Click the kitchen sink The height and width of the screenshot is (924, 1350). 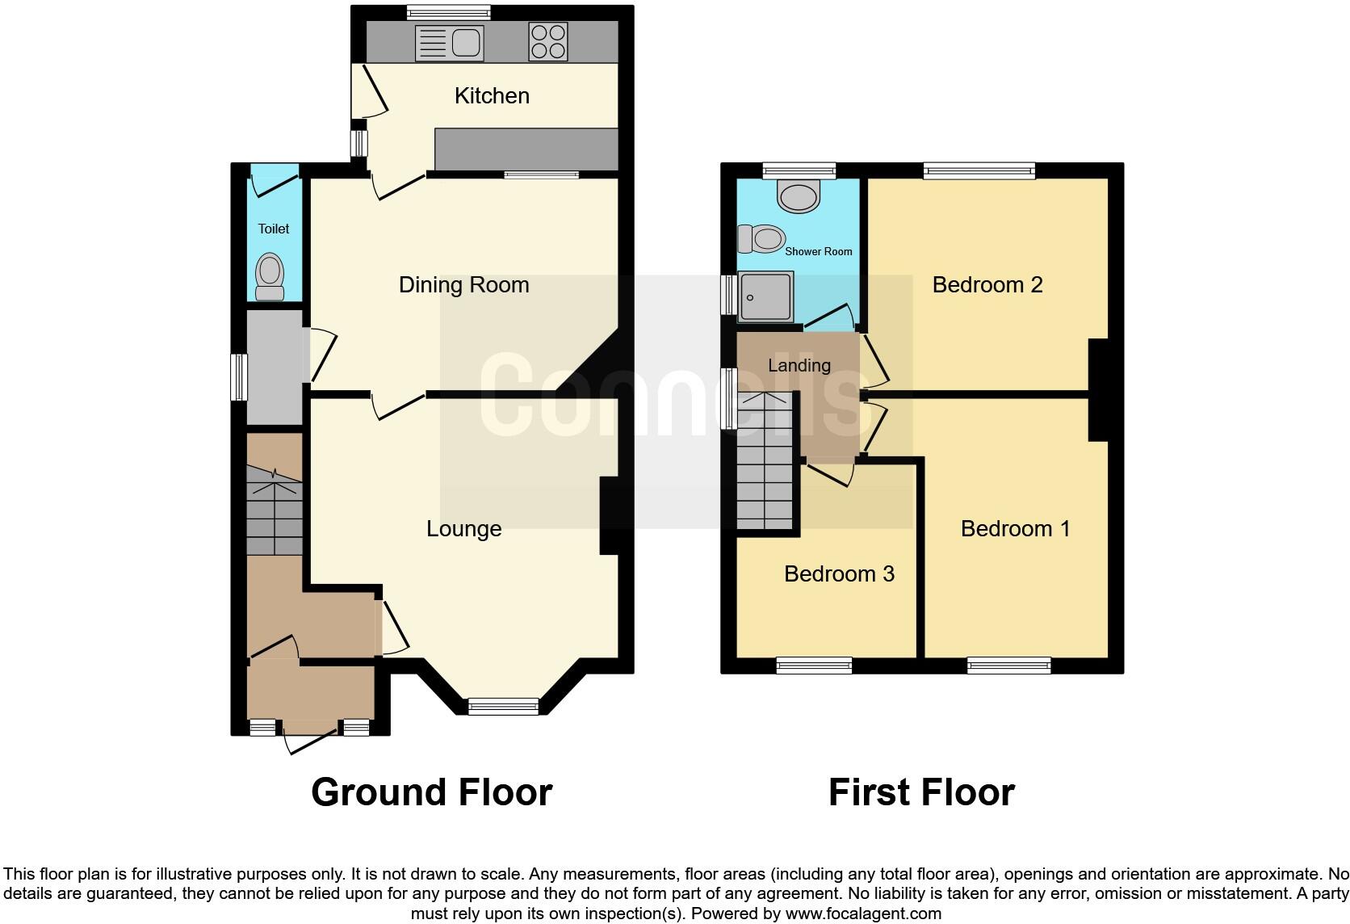pyautogui.click(x=448, y=43)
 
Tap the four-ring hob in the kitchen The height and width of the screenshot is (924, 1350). pyautogui.click(x=547, y=41)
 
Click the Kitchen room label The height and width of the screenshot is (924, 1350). pyautogui.click(x=492, y=96)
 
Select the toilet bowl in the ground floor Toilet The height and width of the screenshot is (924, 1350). pyautogui.click(x=270, y=275)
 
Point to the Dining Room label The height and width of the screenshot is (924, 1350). pyautogui.click(x=463, y=285)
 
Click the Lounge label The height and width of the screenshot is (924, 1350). pyautogui.click(x=463, y=529)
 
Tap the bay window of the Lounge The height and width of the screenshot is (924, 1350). pyautogui.click(x=503, y=707)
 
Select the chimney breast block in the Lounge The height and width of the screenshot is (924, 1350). pyautogui.click(x=611, y=515)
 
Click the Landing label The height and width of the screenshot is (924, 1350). pyautogui.click(x=799, y=366)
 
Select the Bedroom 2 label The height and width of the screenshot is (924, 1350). pyautogui.click(x=987, y=285)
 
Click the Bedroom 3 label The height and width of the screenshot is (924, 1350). pyautogui.click(x=839, y=574)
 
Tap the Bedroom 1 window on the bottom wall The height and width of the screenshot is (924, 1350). pyautogui.click(x=1008, y=666)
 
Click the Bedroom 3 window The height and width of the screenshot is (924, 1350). pyautogui.click(x=814, y=666)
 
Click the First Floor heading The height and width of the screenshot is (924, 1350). pyautogui.click(x=921, y=792)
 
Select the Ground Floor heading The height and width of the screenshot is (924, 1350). pyautogui.click(x=431, y=792)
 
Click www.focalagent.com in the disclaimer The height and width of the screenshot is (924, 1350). pyautogui.click(x=863, y=914)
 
